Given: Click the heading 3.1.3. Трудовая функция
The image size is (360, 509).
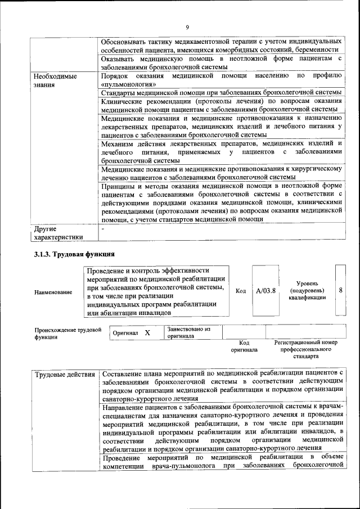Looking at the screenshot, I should click(x=75, y=255).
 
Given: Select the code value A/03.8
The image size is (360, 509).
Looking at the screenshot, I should click(x=265, y=291).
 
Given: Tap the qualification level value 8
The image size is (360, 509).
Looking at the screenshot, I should click(x=341, y=290).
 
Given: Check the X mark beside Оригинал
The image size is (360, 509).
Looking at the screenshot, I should click(x=147, y=332).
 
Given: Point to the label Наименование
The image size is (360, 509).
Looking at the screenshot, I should click(x=53, y=292).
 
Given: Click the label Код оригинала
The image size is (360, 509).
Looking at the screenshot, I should click(x=244, y=346).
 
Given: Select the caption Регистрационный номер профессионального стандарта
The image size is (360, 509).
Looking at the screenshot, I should click(x=305, y=349).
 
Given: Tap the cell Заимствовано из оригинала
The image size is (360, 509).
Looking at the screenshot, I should click(x=188, y=332).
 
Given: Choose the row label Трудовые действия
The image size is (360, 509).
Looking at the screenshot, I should click(x=65, y=374).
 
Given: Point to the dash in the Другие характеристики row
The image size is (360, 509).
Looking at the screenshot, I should click(x=102, y=228).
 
